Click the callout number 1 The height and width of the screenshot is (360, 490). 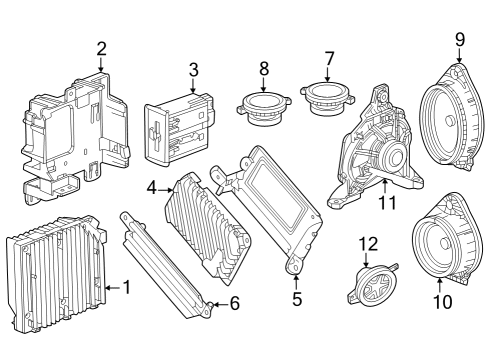point(126,287)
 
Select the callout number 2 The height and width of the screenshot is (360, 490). point(101,48)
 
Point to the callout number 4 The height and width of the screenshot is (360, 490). point(151,186)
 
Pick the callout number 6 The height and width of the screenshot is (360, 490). point(235,302)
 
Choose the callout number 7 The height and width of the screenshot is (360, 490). point(329,58)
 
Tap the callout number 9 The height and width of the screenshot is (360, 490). point(460,40)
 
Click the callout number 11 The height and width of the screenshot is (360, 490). point(387,202)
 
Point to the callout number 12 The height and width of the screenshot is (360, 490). point(369,243)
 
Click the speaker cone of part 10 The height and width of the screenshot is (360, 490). point(440,246)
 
